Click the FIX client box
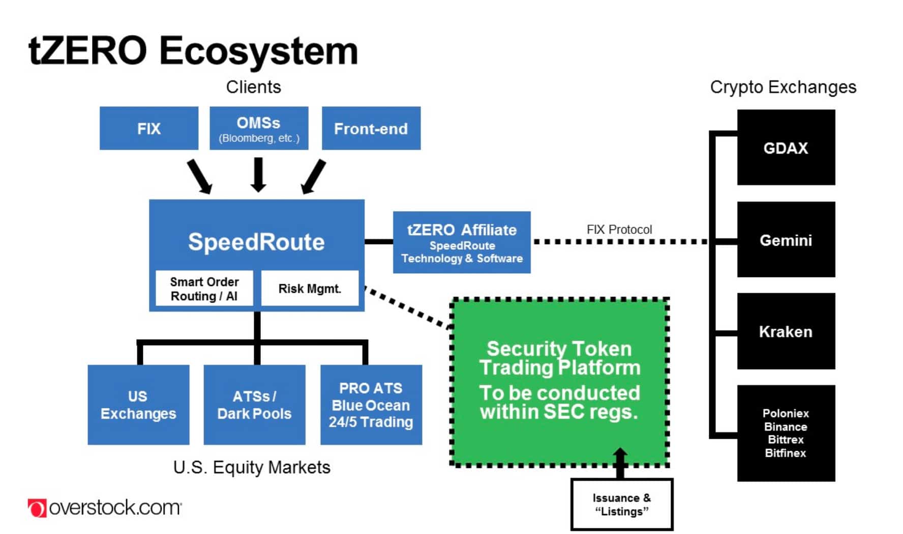[148, 128]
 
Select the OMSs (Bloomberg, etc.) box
[259, 128]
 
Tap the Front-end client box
[371, 128]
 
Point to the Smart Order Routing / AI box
[204, 288]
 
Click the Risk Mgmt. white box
[310, 288]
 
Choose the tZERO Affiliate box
[462, 243]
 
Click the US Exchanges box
[138, 405]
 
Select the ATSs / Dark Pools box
[254, 405]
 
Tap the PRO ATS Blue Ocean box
[371, 405]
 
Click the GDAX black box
[786, 147]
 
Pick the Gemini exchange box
[786, 240]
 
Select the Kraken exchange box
[786, 332]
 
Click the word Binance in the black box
[786, 427]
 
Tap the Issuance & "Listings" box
[621, 505]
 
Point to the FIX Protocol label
[619, 229]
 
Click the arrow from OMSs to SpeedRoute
[259, 174]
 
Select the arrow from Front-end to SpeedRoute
[313, 176]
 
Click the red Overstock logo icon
[37, 508]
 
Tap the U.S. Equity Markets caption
[252, 467]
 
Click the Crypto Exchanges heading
[783, 87]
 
